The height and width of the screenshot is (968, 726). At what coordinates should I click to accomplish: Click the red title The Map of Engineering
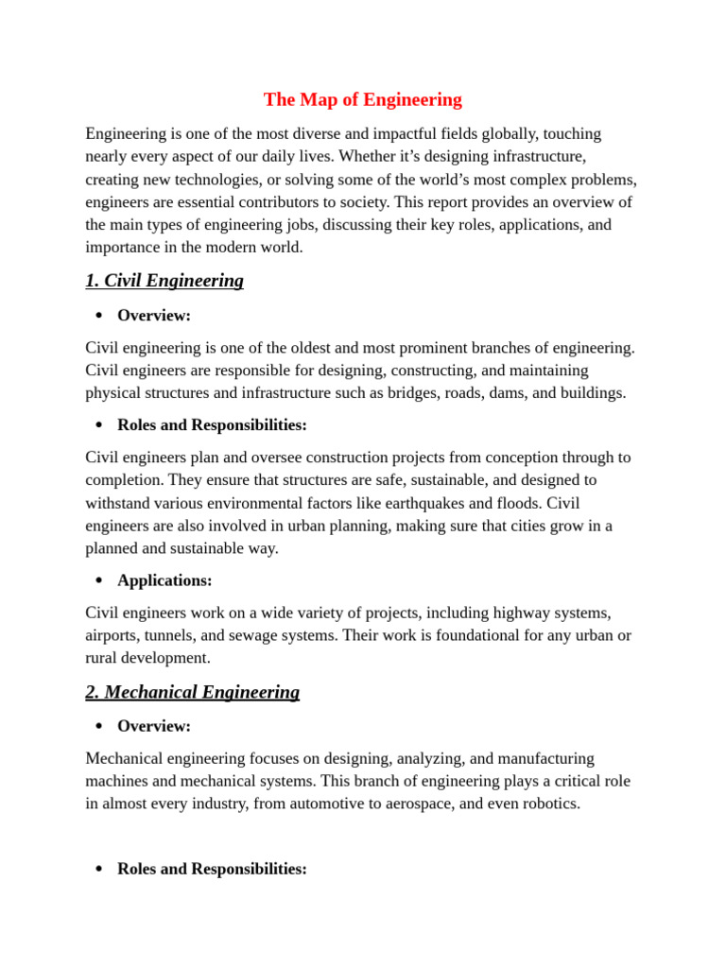pos(362,99)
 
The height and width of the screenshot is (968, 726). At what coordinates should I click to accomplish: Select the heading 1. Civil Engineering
pos(164,281)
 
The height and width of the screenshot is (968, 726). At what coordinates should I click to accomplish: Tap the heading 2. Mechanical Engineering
pos(192,692)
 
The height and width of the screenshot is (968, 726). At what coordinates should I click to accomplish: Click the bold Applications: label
pos(164,580)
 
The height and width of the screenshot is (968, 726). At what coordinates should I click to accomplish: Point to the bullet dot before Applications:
pos(98,580)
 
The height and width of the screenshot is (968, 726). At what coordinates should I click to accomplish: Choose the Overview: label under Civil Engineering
pos(154,315)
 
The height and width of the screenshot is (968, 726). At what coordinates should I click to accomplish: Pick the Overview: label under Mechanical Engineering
pos(154,726)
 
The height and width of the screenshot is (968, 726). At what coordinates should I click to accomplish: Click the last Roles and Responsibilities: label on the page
pos(212,869)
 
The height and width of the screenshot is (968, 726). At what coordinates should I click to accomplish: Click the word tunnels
pos(182,635)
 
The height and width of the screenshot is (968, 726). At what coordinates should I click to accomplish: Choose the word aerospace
pos(432,804)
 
